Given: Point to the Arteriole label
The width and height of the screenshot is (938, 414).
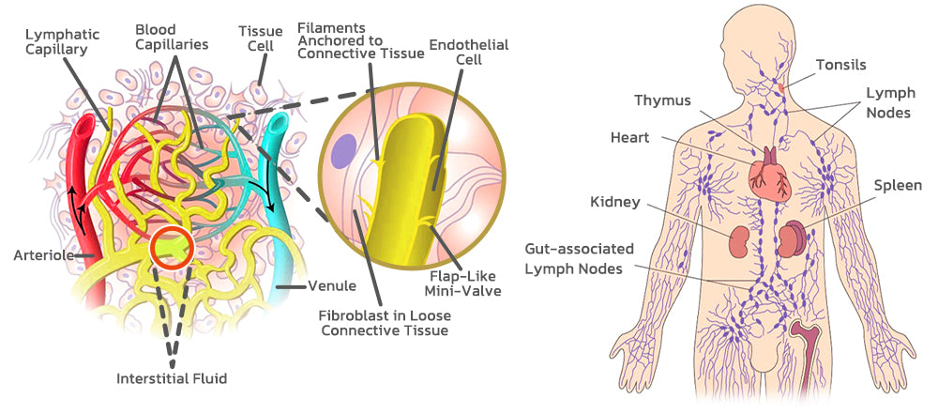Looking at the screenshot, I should [42, 254].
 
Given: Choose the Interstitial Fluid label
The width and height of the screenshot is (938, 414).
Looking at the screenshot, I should [172, 378].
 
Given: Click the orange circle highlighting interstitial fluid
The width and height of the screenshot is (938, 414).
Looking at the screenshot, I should [172, 249].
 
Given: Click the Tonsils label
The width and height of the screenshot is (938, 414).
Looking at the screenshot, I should [840, 65].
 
